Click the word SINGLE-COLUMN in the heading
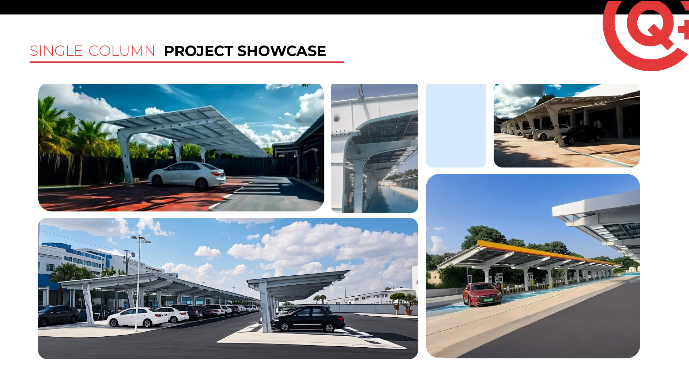92,51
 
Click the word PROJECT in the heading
199,51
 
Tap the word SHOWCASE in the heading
282,51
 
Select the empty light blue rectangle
456,125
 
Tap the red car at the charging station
482,294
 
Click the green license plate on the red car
488,300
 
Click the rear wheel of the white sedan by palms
202,184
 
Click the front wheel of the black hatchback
284,326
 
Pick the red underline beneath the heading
187,62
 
